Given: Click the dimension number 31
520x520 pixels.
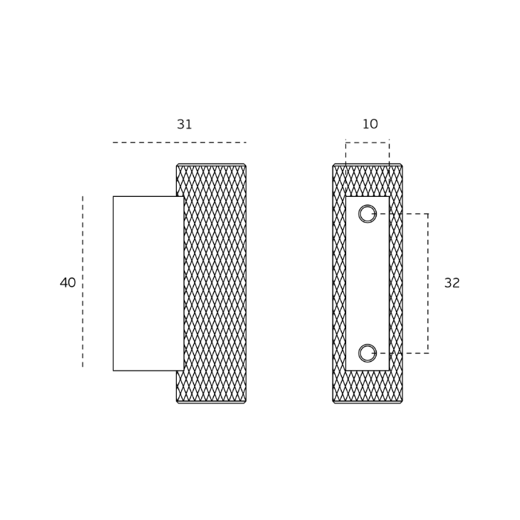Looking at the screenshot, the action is tap(184, 124).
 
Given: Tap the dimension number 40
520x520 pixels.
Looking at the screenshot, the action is tap(68, 282).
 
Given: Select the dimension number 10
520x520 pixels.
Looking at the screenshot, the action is tap(370, 124).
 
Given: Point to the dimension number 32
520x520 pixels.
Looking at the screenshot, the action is tap(452, 283).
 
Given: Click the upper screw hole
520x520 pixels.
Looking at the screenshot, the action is tap(368, 214).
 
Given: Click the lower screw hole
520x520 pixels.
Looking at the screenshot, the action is tap(368, 353).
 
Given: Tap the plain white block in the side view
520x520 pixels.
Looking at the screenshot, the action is tap(149, 283).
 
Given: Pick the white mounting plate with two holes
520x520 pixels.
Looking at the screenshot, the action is tap(368, 284).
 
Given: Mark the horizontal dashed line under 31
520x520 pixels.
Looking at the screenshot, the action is tap(180, 143).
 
